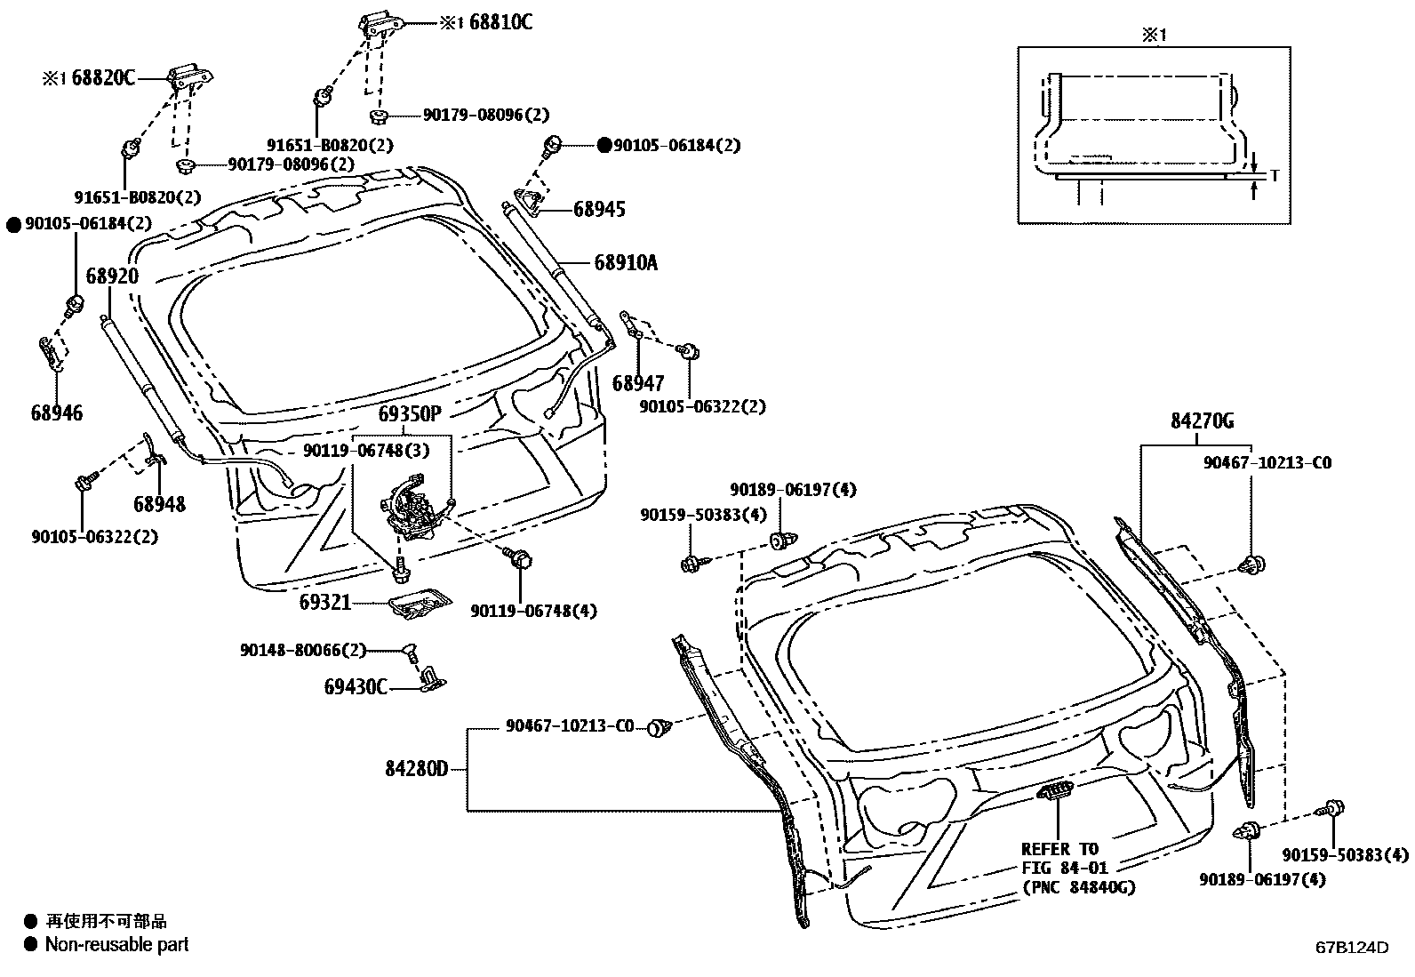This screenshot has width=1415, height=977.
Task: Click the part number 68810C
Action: click(x=500, y=23)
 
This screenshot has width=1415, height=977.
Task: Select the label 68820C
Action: click(x=103, y=78)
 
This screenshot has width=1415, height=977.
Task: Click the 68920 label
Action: click(x=112, y=276)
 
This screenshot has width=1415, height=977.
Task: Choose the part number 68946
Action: click(x=56, y=412)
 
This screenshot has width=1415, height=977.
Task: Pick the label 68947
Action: click(x=638, y=383)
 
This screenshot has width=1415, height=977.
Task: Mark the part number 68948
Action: click(x=160, y=504)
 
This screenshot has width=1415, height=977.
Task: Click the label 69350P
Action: click(x=410, y=414)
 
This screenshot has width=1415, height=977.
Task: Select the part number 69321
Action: click(x=325, y=602)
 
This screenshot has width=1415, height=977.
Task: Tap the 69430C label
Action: click(x=356, y=686)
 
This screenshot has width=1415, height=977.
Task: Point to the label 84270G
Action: click(x=1202, y=421)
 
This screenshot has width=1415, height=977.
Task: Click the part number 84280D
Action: click(x=417, y=768)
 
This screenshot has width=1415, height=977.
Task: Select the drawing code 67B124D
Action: click(x=1352, y=947)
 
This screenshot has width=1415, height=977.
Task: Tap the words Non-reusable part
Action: click(x=116, y=944)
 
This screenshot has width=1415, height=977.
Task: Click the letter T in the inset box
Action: click(x=1274, y=175)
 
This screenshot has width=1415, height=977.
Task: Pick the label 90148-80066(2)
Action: click(x=302, y=650)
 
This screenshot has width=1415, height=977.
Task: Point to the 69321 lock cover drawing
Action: click(x=420, y=605)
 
